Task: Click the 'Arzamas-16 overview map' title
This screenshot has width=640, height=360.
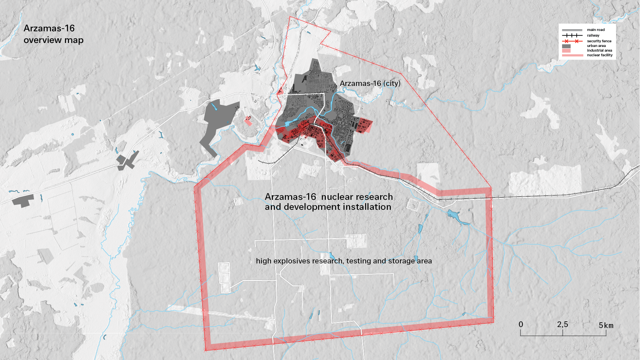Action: (53, 34)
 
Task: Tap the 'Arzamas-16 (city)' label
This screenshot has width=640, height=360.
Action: (370, 83)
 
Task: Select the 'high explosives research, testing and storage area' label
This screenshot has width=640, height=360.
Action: (343, 261)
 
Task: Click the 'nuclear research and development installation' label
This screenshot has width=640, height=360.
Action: (328, 202)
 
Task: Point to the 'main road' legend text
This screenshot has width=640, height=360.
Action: (596, 30)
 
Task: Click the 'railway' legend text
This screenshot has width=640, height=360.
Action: (593, 35)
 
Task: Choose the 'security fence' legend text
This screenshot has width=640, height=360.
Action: (599, 41)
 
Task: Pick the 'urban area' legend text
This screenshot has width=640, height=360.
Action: (596, 46)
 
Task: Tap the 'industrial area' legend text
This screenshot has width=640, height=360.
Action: (599, 50)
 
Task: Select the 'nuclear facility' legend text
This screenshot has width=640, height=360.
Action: (600, 55)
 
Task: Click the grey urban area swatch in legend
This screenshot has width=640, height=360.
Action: (566, 46)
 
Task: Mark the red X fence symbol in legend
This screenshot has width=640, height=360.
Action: (566, 41)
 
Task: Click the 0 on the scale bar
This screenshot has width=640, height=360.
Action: (521, 324)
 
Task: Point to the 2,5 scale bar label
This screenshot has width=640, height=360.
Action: (562, 324)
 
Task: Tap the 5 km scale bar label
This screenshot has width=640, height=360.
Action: (606, 325)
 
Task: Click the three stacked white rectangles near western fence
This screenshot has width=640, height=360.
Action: (224, 278)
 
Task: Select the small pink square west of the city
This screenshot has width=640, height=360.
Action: (248, 121)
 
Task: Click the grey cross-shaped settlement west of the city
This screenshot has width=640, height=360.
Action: (126, 162)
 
